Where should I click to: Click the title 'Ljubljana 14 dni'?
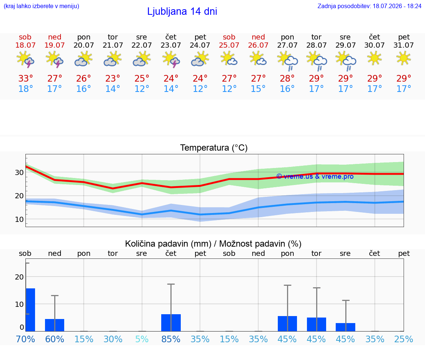point(182,11)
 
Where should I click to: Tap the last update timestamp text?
point(369,6)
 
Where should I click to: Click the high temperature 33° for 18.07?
point(25,78)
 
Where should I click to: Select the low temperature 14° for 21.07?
point(113,89)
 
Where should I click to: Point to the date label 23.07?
point(171,45)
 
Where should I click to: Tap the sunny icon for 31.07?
point(404,58)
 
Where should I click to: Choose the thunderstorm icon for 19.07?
point(55,59)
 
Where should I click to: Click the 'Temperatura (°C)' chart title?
point(214,148)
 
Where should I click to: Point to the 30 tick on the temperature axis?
point(19,172)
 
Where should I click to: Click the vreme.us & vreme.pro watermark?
point(315,176)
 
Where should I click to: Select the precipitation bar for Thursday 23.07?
point(171,323)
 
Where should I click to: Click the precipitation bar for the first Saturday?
point(31,310)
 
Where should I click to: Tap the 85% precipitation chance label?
point(171,339)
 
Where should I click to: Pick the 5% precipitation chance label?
point(142,339)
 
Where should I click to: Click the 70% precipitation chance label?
point(25,339)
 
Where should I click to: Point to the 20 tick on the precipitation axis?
point(19,277)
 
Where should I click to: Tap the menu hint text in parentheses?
point(41,6)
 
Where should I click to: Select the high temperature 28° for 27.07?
point(287,78)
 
